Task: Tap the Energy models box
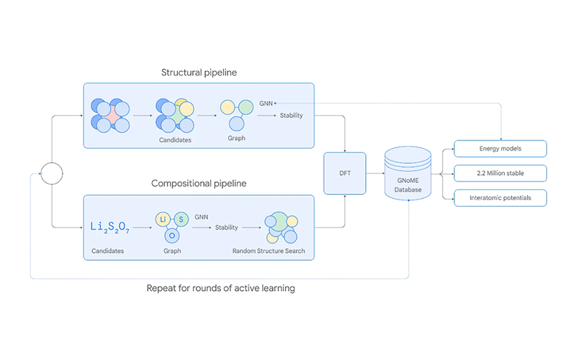click(x=501, y=149)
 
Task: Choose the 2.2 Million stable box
click(x=501, y=174)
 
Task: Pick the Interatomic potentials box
click(x=501, y=198)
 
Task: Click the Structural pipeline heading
click(x=199, y=73)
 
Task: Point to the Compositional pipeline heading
click(x=199, y=184)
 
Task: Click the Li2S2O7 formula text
click(x=110, y=227)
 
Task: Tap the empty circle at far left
click(x=52, y=173)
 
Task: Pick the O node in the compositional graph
click(x=172, y=235)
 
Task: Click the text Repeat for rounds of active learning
click(x=220, y=288)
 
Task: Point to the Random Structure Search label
click(x=269, y=251)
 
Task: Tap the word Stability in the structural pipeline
click(x=291, y=115)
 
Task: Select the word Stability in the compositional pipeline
click(x=227, y=227)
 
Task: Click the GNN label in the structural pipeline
click(x=266, y=103)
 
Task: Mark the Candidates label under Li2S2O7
click(x=108, y=251)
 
